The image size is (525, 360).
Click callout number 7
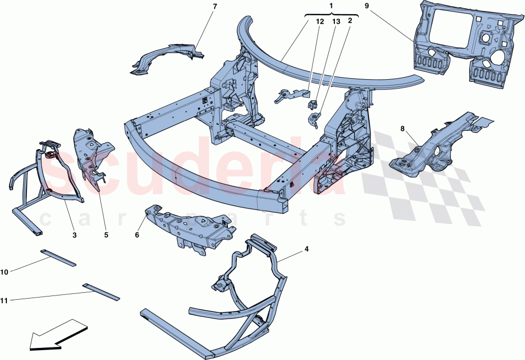coord(199,6)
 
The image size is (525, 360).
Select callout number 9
coord(367,6)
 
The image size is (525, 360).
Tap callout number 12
coord(320,22)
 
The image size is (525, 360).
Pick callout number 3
coord(75,236)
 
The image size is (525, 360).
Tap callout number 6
coord(137,236)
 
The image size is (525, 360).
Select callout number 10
coord(5,272)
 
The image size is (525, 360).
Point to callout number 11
coord(5,301)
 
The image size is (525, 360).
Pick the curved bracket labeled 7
coord(165,58)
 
